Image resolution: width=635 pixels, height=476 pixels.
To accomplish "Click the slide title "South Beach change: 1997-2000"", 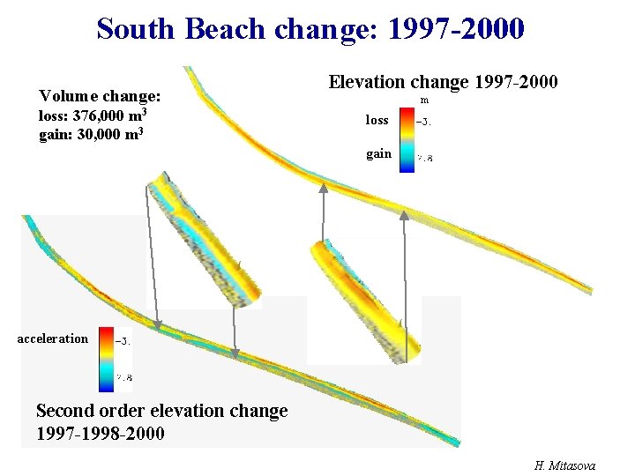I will pyautogui.click(x=310, y=28).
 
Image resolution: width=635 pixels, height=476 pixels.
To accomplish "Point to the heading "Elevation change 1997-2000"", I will pyautogui.click(x=443, y=82).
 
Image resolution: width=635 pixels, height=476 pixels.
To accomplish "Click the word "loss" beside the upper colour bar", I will pyautogui.click(x=377, y=120).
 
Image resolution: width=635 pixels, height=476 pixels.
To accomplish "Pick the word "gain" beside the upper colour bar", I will pyautogui.click(x=378, y=153).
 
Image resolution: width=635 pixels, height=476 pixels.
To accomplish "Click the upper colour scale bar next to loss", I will pyautogui.click(x=407, y=139).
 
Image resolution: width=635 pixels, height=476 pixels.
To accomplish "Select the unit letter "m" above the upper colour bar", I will pyautogui.click(x=425, y=100).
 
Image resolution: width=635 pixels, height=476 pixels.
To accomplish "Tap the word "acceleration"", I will pyautogui.click(x=53, y=338).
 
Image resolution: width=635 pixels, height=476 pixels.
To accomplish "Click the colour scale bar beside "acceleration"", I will pyautogui.click(x=105, y=359).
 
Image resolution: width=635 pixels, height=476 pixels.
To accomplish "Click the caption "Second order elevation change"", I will pyautogui.click(x=161, y=411).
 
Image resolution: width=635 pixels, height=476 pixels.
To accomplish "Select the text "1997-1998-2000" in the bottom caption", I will pyautogui.click(x=100, y=433).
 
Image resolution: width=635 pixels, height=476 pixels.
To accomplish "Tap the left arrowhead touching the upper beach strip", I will pyautogui.click(x=324, y=187).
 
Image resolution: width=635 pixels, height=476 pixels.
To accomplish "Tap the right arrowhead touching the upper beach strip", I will pyautogui.click(x=404, y=214).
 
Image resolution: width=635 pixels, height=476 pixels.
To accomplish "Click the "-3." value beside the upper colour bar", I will pyautogui.click(x=424, y=123).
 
